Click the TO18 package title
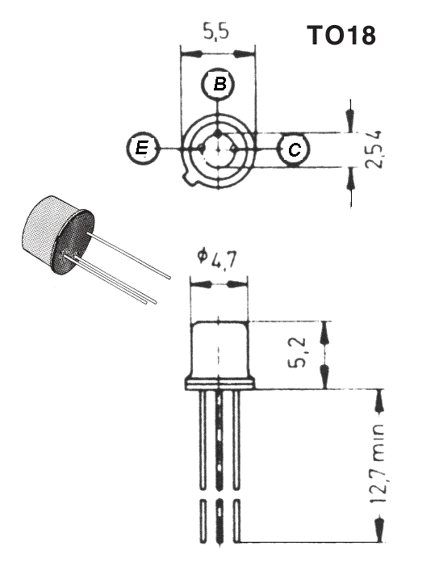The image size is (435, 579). (341, 36)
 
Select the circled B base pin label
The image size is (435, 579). (219, 83)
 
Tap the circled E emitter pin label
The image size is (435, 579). (142, 148)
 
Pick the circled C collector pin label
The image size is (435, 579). (293, 149)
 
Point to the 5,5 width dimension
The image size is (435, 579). (216, 31)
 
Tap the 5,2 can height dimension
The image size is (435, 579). (297, 352)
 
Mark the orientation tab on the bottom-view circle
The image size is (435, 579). (190, 180)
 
